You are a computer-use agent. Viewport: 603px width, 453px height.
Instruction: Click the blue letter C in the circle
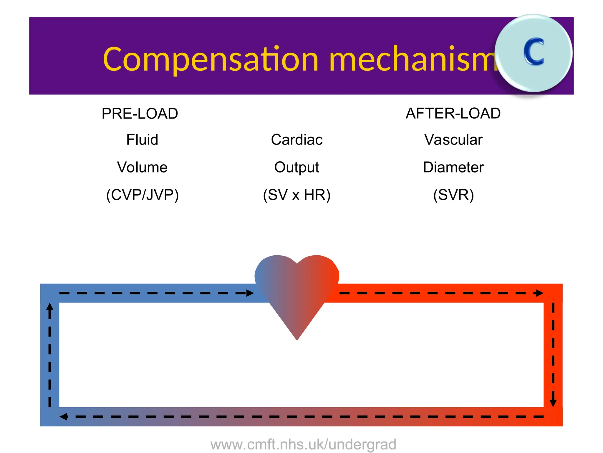pyautogui.click(x=534, y=52)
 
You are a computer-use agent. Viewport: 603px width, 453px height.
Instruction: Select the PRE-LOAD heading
pyautogui.click(x=140, y=114)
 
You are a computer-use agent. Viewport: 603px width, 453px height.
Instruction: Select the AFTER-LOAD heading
pyautogui.click(x=453, y=114)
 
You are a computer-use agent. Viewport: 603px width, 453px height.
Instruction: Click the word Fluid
pyautogui.click(x=142, y=140)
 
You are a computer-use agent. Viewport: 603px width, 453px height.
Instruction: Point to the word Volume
pyautogui.click(x=142, y=167)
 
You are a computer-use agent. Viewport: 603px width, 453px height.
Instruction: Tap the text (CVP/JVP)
pyautogui.click(x=142, y=195)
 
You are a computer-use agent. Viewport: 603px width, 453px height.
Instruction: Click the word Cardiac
pyautogui.click(x=296, y=140)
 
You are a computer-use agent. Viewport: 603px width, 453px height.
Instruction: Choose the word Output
pyautogui.click(x=296, y=168)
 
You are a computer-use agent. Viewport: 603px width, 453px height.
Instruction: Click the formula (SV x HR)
pyautogui.click(x=296, y=195)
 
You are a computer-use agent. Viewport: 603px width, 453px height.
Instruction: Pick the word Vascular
pyautogui.click(x=453, y=140)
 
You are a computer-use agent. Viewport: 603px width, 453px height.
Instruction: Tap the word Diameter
pyautogui.click(x=453, y=167)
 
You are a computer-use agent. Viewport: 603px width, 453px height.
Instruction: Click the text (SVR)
pyautogui.click(x=453, y=195)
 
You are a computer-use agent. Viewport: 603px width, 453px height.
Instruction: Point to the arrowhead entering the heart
pyautogui.click(x=250, y=293)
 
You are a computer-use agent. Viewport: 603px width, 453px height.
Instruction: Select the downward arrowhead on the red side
pyautogui.click(x=553, y=403)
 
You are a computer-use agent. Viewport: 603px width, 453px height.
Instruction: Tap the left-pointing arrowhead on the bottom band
pyautogui.click(x=63, y=417)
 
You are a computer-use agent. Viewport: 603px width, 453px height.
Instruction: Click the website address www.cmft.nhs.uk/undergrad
pyautogui.click(x=303, y=444)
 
